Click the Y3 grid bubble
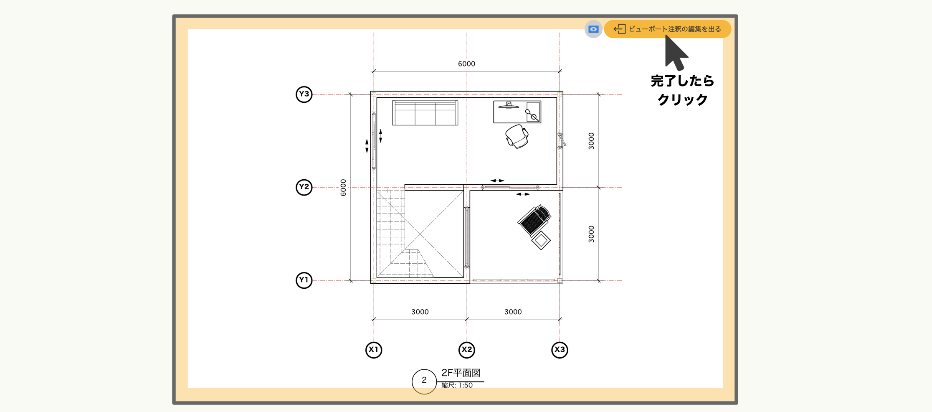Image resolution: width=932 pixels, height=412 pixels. [304, 94]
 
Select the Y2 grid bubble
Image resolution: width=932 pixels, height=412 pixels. [304, 187]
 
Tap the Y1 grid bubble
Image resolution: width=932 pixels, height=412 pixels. [304, 280]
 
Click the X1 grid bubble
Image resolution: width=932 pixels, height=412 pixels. [374, 350]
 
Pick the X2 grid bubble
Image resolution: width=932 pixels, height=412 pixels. [467, 350]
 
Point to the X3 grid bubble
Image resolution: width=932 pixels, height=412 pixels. [560, 350]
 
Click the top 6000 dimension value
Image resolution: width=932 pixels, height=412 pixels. [466, 64]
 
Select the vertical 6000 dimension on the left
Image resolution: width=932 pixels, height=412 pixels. [343, 187]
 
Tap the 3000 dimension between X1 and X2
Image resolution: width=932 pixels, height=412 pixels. [420, 312]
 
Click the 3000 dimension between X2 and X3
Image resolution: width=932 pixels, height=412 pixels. [513, 312]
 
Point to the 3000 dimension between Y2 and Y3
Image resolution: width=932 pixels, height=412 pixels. [591, 141]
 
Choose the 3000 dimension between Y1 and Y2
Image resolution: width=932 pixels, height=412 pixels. [591, 234]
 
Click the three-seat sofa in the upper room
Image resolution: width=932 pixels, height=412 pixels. [425, 113]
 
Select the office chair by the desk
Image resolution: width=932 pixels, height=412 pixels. [517, 136]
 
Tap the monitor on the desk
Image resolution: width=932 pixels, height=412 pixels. [509, 105]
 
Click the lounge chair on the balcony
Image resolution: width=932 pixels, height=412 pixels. [534, 220]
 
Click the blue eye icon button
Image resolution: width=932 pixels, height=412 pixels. [593, 29]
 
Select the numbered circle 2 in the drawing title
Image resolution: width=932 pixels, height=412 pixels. [424, 381]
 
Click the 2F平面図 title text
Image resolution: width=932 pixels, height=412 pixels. [461, 373]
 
